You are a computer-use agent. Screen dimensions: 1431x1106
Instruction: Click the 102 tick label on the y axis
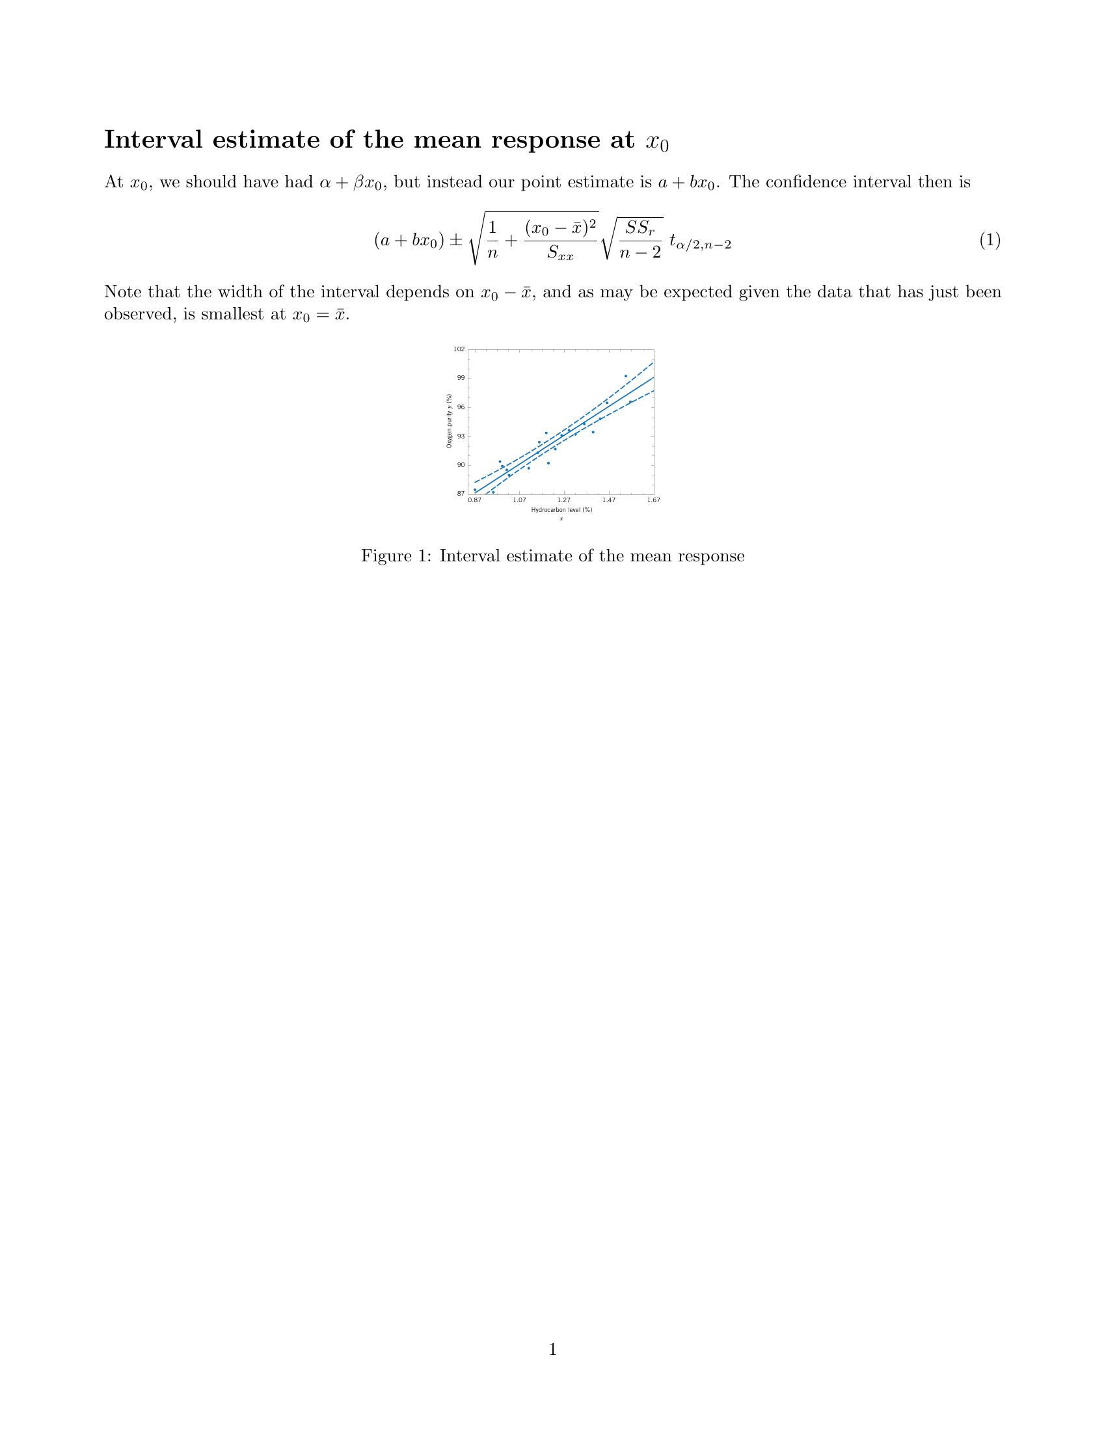coord(459,349)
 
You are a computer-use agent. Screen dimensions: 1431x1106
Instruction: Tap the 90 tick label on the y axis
coord(461,465)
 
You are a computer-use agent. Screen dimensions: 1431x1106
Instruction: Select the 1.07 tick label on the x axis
coord(519,500)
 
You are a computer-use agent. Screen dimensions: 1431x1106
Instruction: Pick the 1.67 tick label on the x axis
coord(653,500)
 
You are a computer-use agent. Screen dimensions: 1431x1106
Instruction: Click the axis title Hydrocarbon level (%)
coord(561,510)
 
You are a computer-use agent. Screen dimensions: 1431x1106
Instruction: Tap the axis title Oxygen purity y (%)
coord(450,421)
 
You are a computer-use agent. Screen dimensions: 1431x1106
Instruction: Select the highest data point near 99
coord(626,376)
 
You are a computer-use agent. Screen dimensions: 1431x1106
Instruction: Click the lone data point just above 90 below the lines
coord(548,463)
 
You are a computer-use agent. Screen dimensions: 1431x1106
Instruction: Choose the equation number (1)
coord(990,241)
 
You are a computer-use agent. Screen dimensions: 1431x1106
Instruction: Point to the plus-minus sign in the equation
coord(455,241)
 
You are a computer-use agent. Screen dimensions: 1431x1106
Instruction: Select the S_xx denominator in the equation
coord(560,253)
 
